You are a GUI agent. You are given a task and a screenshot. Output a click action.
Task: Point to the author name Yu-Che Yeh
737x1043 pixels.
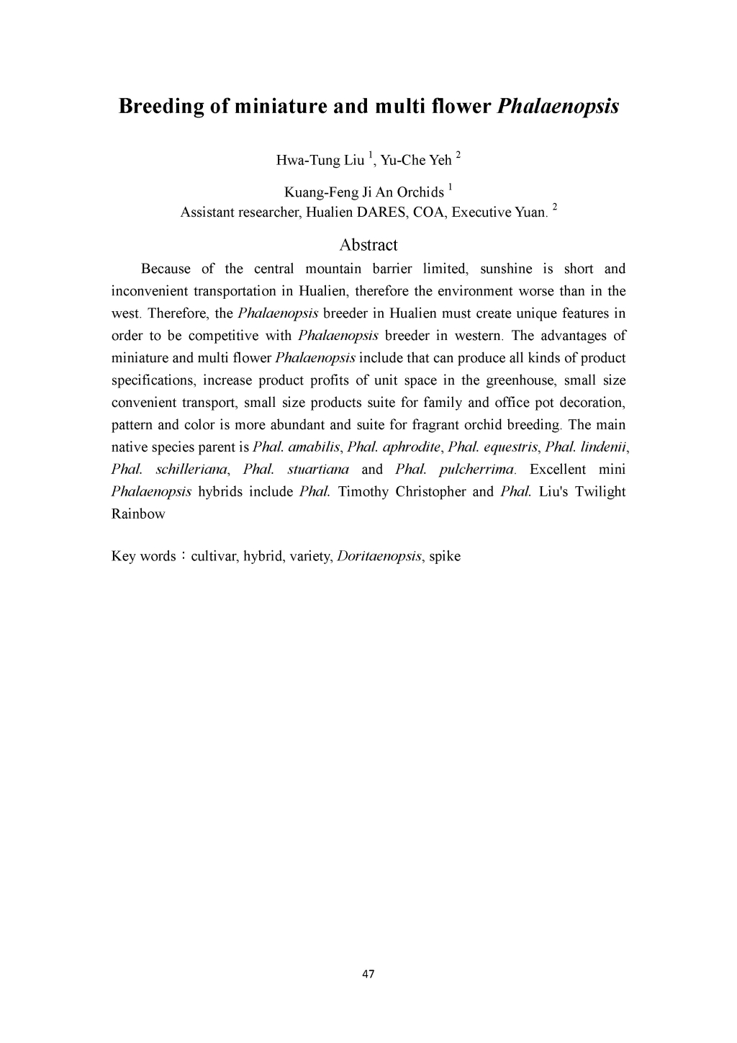[416, 160]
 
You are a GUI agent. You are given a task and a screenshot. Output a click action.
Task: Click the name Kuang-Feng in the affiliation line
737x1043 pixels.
[318, 192]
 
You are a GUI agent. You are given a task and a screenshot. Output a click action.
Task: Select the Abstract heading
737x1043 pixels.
[368, 245]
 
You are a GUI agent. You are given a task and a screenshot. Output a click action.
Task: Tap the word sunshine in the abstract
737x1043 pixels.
[506, 269]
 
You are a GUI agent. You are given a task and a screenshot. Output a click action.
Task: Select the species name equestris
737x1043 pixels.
[510, 447]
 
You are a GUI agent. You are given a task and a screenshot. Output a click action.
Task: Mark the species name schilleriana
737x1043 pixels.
[191, 470]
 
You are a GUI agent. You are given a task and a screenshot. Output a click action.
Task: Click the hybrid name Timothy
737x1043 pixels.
[363, 492]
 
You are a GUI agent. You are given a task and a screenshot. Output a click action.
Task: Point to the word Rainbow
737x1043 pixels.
[138, 514]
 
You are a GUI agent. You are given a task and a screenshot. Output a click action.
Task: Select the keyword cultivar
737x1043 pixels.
[214, 557]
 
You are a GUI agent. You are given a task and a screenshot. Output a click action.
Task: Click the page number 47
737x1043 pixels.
[368, 975]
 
